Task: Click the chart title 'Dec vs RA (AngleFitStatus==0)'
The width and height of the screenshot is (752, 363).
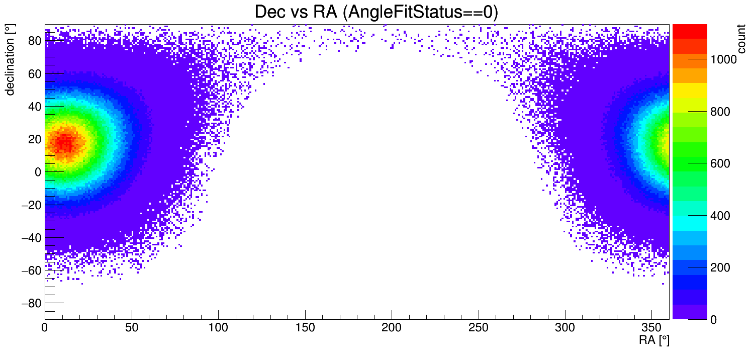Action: click(x=376, y=12)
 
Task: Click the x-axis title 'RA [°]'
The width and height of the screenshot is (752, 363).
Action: click(x=653, y=340)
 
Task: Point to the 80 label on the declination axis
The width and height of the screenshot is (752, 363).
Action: click(x=34, y=41)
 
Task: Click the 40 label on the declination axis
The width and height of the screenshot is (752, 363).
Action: click(x=34, y=106)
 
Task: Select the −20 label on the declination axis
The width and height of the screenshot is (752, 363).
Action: click(x=31, y=205)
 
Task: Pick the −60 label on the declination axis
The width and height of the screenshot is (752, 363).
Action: click(x=31, y=270)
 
